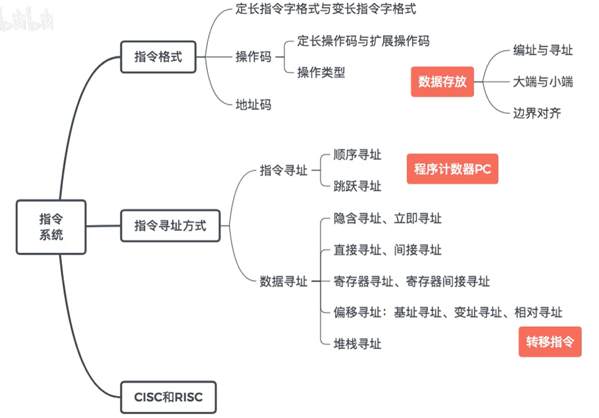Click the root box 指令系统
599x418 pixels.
(x=51, y=227)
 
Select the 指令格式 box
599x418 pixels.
(x=158, y=57)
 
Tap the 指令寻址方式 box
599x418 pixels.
(x=170, y=226)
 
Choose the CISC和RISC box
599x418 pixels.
(x=168, y=397)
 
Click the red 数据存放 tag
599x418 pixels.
(x=442, y=82)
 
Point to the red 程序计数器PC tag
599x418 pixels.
(x=452, y=169)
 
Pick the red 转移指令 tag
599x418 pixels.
(x=550, y=342)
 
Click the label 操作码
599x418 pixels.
(x=253, y=57)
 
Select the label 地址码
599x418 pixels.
(x=253, y=105)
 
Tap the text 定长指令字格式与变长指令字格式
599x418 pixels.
(x=326, y=9)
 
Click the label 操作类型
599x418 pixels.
(x=321, y=72)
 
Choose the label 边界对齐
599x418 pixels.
(x=536, y=112)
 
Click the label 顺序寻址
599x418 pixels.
(x=357, y=155)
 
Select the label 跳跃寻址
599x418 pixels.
(x=357, y=186)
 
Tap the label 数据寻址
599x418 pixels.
(x=284, y=281)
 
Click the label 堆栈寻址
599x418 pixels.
(x=357, y=343)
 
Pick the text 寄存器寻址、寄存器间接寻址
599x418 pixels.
(x=411, y=281)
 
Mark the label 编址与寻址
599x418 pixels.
(x=542, y=50)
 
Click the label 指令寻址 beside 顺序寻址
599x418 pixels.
(x=284, y=171)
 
